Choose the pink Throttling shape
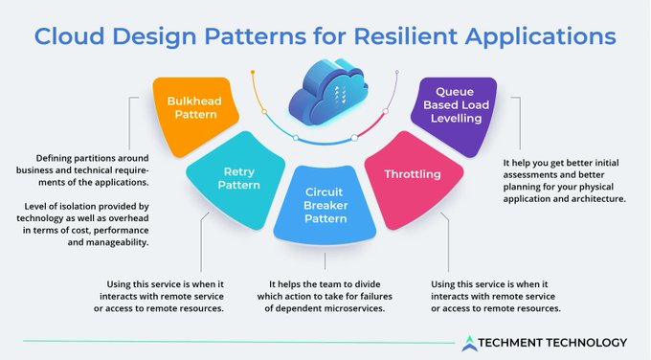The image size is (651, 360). [411, 176]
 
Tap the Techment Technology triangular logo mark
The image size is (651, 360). [468, 342]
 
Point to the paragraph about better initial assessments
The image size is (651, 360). [564, 181]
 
